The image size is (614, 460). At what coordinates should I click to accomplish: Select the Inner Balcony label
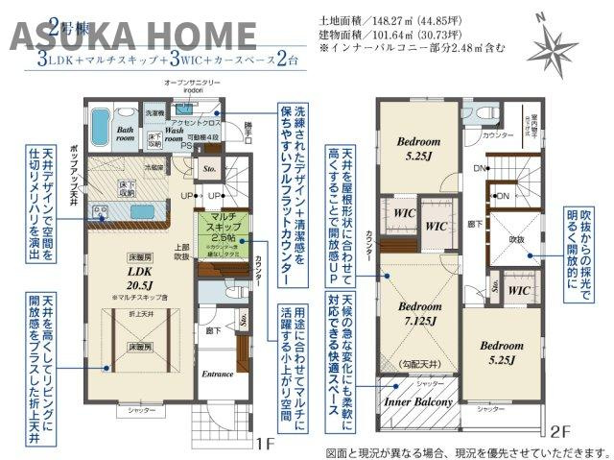(420, 402)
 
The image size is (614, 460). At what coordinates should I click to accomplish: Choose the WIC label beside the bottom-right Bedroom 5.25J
(519, 290)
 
